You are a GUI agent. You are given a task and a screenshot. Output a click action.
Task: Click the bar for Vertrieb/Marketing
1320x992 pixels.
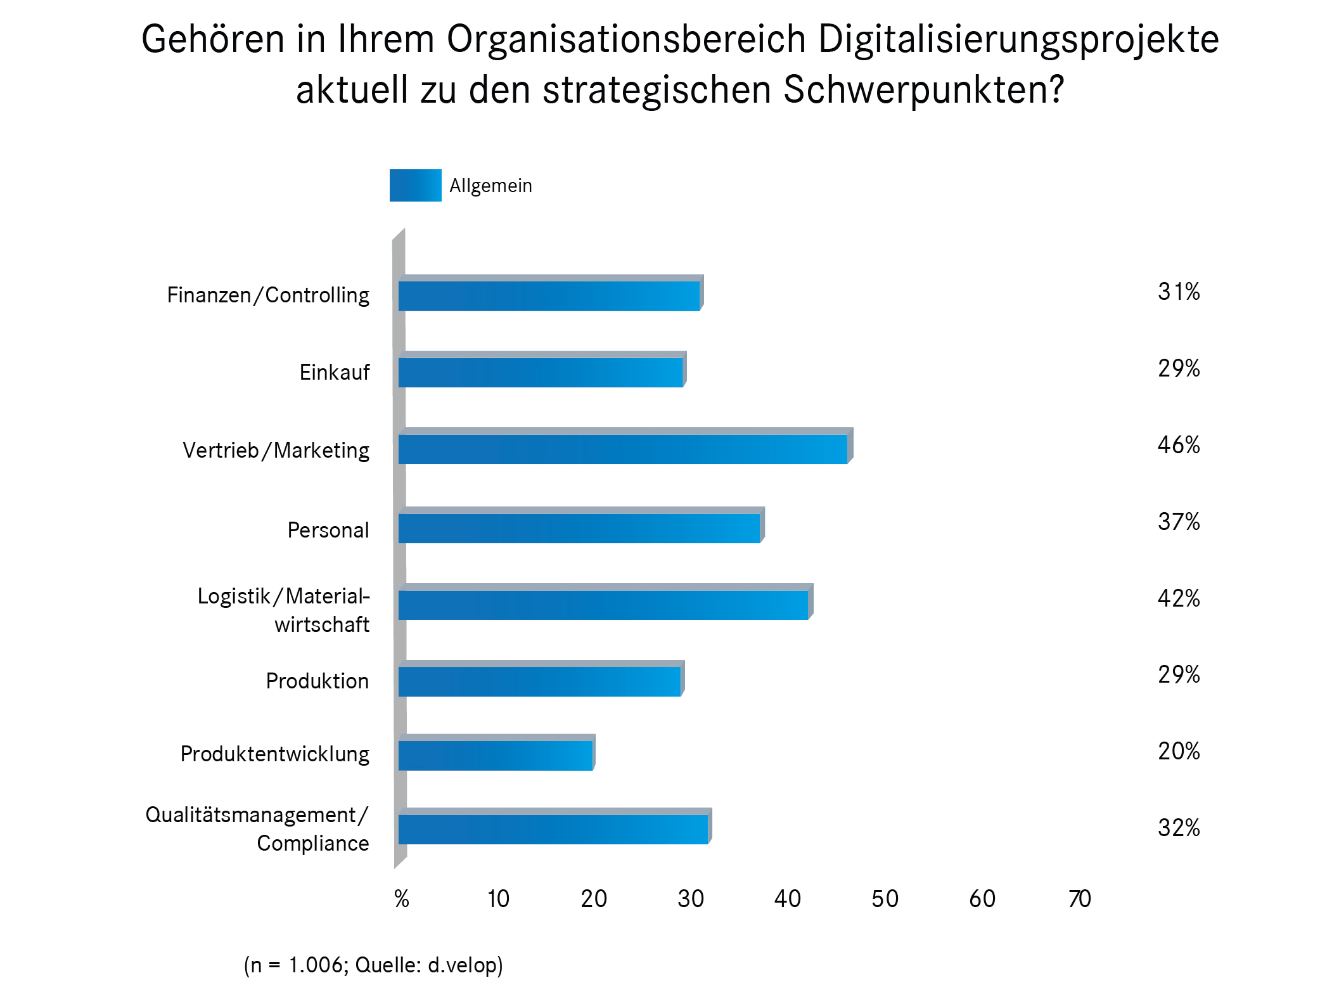pyautogui.click(x=623, y=449)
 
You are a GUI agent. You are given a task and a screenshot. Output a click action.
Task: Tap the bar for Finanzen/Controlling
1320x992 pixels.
pyautogui.click(x=549, y=296)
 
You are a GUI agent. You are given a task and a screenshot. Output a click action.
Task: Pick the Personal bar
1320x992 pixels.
pyautogui.click(x=579, y=528)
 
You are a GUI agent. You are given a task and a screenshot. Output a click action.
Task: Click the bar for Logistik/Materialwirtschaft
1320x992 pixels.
pyautogui.click(x=603, y=605)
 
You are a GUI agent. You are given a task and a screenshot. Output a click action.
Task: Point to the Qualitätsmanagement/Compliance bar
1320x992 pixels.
pyautogui.click(x=553, y=829)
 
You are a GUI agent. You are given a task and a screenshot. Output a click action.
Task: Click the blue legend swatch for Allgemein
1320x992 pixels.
pyautogui.click(x=415, y=185)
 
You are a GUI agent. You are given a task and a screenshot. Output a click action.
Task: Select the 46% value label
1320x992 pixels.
pyautogui.click(x=1178, y=445)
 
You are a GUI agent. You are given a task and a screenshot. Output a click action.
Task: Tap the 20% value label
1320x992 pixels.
pyautogui.click(x=1178, y=751)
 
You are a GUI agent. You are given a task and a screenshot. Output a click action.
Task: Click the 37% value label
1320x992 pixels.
pyautogui.click(x=1178, y=522)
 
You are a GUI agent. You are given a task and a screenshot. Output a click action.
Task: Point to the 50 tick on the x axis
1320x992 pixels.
pyautogui.click(x=885, y=899)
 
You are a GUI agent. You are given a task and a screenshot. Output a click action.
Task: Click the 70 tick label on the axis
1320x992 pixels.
pyautogui.click(x=1079, y=899)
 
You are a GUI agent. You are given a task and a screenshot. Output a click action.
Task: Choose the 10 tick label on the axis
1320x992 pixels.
pyautogui.click(x=498, y=899)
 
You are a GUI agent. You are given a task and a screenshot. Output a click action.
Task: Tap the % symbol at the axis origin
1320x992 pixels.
pyautogui.click(x=402, y=899)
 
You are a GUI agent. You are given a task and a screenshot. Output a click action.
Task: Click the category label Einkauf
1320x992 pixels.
pyautogui.click(x=334, y=372)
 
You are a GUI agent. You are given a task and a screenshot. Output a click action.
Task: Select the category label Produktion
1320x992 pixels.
pyautogui.click(x=317, y=681)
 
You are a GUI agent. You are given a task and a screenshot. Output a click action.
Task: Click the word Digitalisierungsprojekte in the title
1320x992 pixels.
pyautogui.click(x=1018, y=39)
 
